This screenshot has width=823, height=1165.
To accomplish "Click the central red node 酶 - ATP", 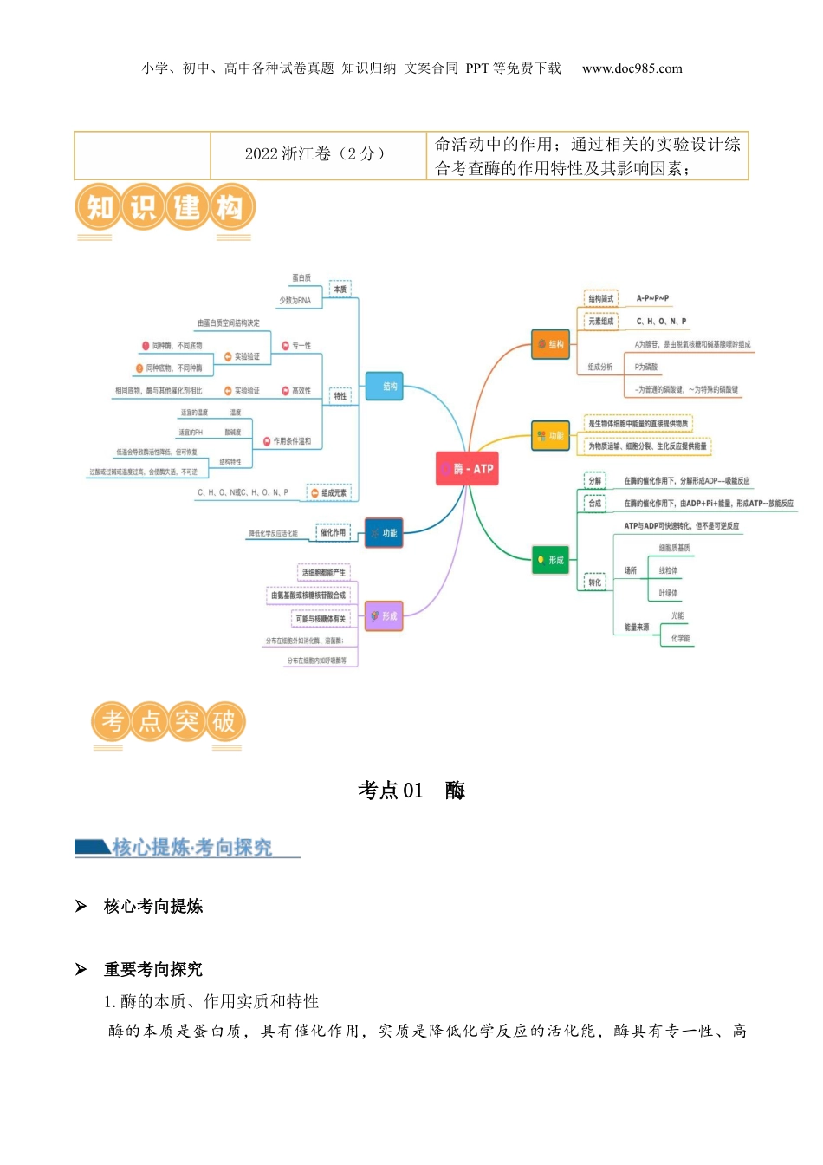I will tap(467, 469).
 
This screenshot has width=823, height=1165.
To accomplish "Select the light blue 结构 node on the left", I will tap(385, 387).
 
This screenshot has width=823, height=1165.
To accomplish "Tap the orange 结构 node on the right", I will tap(551, 345).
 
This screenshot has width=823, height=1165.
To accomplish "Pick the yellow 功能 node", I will tap(551, 436).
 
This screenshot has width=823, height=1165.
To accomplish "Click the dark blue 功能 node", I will tap(384, 533).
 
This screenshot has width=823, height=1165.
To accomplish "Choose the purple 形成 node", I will tap(384, 616).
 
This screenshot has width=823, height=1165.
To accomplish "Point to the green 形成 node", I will tap(551, 561).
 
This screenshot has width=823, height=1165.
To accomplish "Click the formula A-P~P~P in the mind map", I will tap(652, 298).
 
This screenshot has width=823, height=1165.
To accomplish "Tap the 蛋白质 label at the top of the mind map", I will tap(301, 278).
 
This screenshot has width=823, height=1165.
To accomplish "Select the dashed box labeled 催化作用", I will tap(333, 532).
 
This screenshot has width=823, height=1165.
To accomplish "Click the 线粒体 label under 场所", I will tap(668, 571).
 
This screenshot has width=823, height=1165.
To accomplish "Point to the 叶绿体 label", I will tap(668, 594).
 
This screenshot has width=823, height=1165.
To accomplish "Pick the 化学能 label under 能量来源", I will tap(680, 639).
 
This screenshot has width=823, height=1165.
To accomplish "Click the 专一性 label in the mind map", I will tap(301, 346).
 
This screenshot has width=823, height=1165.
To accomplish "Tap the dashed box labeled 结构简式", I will tap(600, 299).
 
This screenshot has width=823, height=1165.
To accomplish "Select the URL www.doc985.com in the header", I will tap(632, 68).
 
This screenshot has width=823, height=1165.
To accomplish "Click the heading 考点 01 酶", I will tap(411, 791).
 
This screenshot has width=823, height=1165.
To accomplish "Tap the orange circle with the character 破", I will tap(224, 721).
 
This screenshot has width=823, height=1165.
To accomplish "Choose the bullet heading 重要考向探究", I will tap(152, 969).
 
